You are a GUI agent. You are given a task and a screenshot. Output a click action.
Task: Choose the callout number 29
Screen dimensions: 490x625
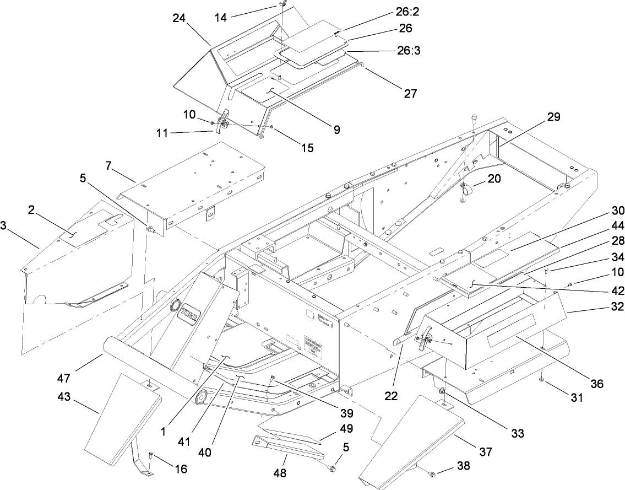point(553,118)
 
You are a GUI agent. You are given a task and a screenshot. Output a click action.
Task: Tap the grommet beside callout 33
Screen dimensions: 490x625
point(442,391)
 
